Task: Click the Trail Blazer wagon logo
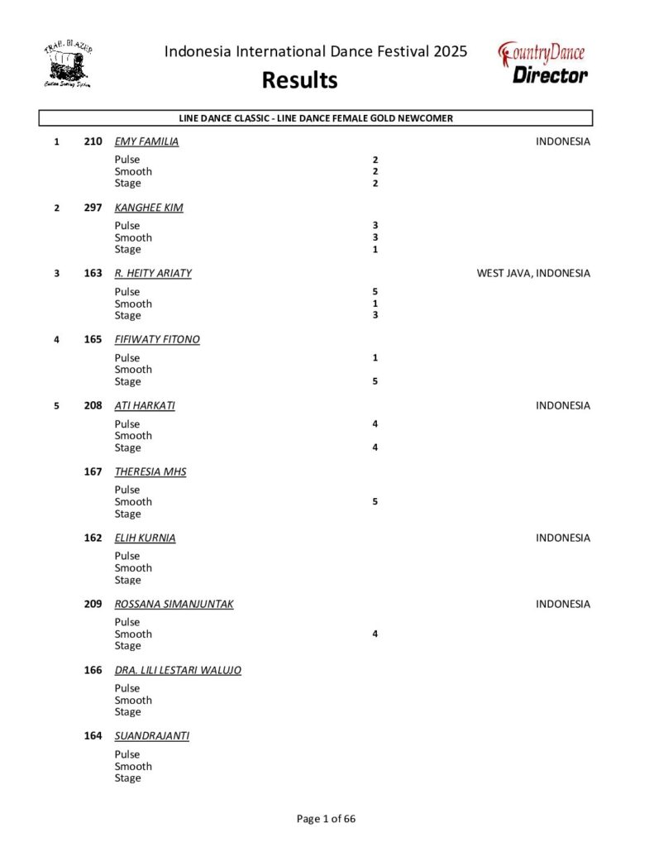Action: coord(68,65)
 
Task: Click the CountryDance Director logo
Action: coord(543,64)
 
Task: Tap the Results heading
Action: coord(299,80)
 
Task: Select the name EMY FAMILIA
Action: coord(146,141)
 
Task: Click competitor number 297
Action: coord(93,208)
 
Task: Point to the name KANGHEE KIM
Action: coord(149,208)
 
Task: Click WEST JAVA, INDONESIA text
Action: coord(533,273)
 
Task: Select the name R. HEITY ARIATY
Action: coord(153,273)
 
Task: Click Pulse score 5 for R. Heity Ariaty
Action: coord(375,292)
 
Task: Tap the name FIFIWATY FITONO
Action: coord(157,339)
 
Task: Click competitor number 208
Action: coord(93,405)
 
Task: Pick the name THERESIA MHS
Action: coord(150,471)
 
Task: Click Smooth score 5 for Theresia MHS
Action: coord(375,501)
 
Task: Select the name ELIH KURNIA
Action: coord(145,538)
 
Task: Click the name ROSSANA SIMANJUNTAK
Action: coord(174,604)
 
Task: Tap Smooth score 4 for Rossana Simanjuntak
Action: coord(375,634)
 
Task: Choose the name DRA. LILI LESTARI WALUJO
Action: coord(178,670)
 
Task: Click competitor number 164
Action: coord(93,736)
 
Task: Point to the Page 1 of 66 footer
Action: coord(327,819)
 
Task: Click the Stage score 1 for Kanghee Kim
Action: coord(375,249)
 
